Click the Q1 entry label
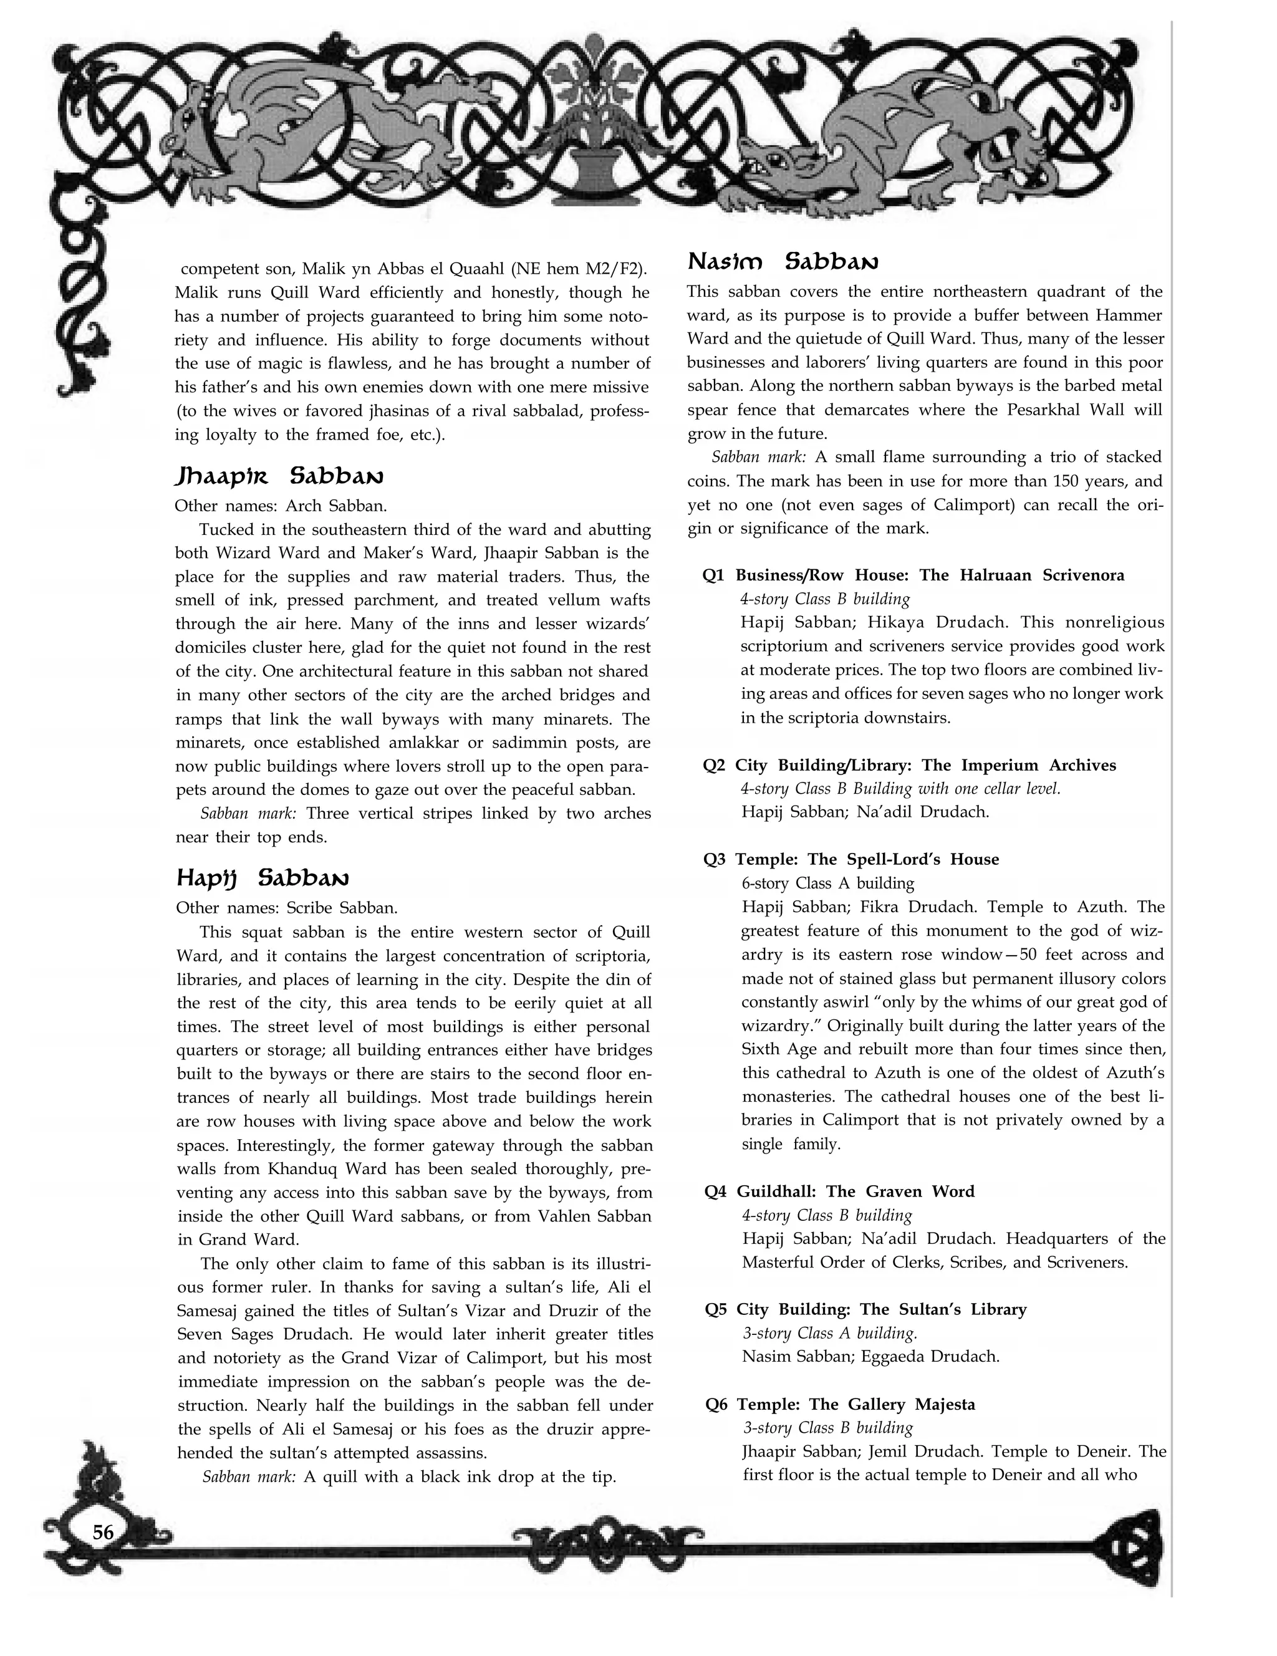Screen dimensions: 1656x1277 click(713, 575)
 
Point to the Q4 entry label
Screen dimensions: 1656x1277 click(715, 1191)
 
